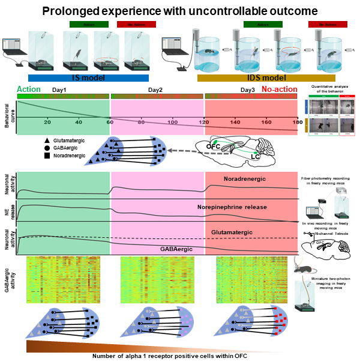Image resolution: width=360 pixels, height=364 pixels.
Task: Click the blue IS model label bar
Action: tap(88, 77)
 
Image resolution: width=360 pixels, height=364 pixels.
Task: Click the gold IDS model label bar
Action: tap(266, 77)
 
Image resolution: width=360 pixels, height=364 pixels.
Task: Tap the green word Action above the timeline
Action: tap(29, 89)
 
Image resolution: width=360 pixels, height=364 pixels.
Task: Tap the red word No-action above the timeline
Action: tap(279, 89)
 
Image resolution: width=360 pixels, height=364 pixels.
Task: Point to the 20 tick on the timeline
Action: tap(47, 122)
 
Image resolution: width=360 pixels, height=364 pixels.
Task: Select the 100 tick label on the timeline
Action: tap(172, 122)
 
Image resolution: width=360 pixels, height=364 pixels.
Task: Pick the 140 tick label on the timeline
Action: tap(235, 122)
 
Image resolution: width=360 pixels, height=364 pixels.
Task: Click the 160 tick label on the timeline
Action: tap(266, 122)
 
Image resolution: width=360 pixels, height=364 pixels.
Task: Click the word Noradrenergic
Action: tap(244, 179)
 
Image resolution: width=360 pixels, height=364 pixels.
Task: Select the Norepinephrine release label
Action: tap(232, 207)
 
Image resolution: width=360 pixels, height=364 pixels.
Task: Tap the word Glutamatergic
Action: tap(232, 231)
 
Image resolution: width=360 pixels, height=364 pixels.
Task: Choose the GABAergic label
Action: tap(176, 249)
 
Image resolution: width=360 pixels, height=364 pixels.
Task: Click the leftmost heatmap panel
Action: tap(63, 279)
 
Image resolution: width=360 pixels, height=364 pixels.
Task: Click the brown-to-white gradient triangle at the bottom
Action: tap(120, 347)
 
